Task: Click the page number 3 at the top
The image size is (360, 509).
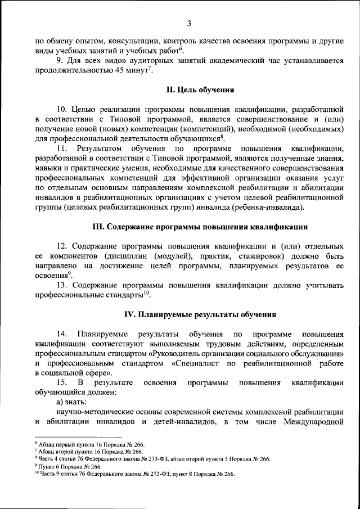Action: pos(189,23)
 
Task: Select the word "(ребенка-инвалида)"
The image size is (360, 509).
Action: pos(270,208)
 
